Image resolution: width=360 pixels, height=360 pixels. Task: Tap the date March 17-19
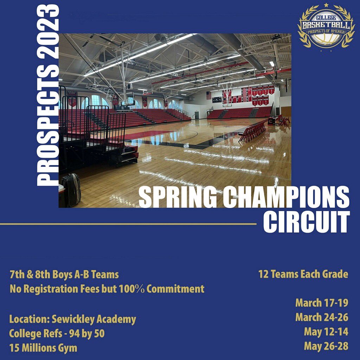[321, 303]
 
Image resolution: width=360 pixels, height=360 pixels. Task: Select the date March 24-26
[321, 317]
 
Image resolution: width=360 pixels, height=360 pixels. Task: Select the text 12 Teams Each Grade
[303, 274]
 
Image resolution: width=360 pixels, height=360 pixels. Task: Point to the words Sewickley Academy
[94, 320]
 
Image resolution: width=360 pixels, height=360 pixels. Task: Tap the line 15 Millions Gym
[43, 348]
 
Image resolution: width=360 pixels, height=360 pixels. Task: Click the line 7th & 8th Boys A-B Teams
[64, 275]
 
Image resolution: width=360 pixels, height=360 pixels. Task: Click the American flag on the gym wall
[209, 95]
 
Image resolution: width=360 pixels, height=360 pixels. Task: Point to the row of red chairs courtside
[252, 131]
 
